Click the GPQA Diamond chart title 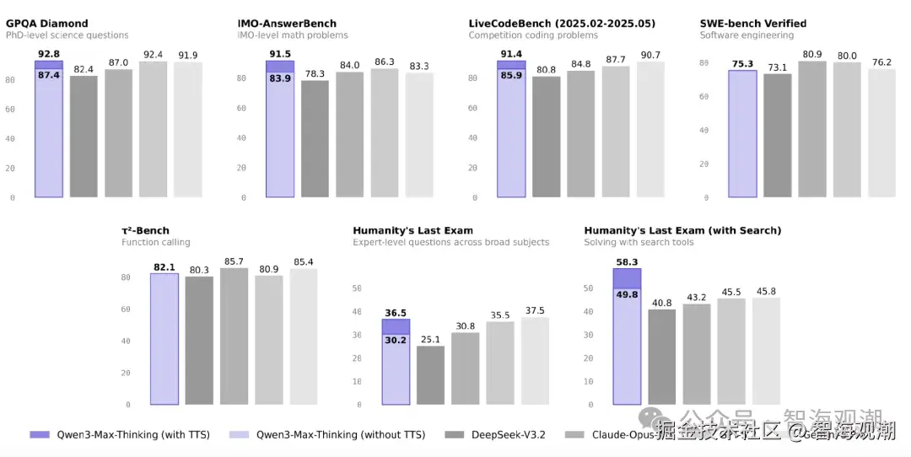tap(47, 24)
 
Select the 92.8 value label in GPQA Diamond tap(48, 54)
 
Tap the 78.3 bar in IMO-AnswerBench tap(315, 139)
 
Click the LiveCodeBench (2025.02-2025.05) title tap(562, 24)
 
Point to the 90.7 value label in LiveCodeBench tap(650, 56)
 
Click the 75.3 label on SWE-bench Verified tap(742, 63)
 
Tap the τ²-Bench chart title tap(145, 231)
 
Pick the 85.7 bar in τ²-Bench tap(234, 336)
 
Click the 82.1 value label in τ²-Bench tap(164, 267)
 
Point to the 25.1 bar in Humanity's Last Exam tap(430, 375)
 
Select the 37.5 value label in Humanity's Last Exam tap(535, 310)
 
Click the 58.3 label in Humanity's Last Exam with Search tap(627, 262)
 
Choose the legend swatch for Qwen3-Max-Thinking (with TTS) tap(40, 435)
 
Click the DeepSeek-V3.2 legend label tap(508, 435)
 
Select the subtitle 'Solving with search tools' tap(639, 243)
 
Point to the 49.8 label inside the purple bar tap(627, 295)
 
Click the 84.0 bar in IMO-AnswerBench tap(349, 135)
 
